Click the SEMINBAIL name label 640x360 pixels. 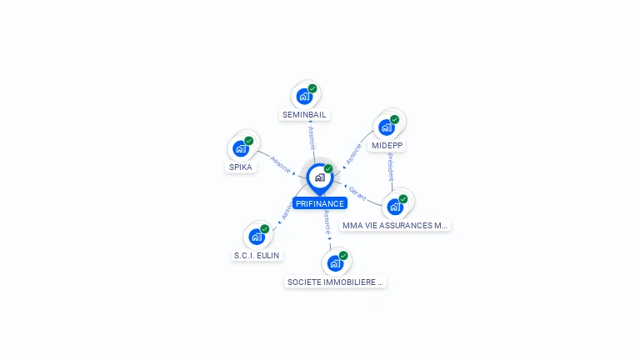[x=305, y=114]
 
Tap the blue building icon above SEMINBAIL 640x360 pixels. [x=304, y=97]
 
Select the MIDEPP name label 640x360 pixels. [x=387, y=145]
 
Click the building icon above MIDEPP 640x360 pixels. [x=386, y=127]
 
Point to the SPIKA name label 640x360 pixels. [x=241, y=167]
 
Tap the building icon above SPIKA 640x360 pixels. [x=240, y=148]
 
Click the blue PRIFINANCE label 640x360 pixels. [x=319, y=203]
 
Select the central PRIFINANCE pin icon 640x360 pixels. [x=319, y=177]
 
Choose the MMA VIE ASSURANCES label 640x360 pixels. [x=396, y=225]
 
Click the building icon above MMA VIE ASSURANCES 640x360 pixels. [x=395, y=206]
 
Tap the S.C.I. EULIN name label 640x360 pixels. [x=257, y=255]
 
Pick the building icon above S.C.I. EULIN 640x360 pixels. [x=257, y=237]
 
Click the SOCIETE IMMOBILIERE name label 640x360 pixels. [x=335, y=282]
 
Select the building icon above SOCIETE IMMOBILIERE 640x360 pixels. [x=335, y=263]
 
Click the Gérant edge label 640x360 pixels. [x=357, y=193]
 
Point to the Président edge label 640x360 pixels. [x=390, y=167]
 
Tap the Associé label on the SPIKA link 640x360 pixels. [x=281, y=164]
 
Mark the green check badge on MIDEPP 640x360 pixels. [x=395, y=119]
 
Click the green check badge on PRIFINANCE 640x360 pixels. [x=328, y=168]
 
